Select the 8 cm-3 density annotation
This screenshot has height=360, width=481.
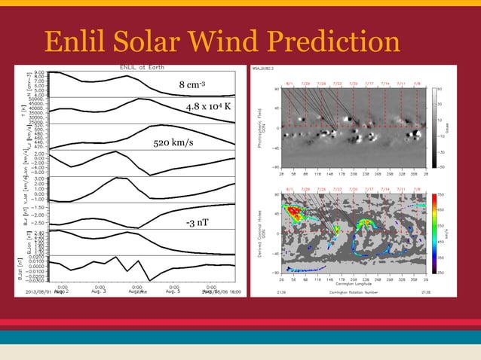(x=193, y=84)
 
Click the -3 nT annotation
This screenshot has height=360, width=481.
(x=197, y=223)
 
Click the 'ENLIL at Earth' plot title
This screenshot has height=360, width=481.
(x=139, y=66)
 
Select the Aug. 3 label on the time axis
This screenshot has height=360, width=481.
(x=100, y=291)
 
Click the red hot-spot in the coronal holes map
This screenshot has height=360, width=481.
(x=293, y=211)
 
